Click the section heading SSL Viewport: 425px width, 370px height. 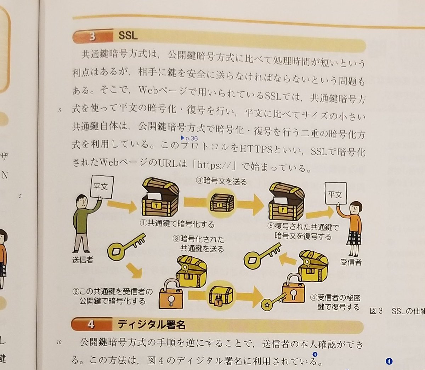[x=128, y=35]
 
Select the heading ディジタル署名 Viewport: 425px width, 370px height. [x=151, y=324]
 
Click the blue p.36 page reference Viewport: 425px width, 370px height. [x=189, y=138]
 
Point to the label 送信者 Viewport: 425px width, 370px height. [x=83, y=260]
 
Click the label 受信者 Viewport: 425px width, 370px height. [x=351, y=262]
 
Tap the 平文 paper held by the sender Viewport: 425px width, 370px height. [x=101, y=187]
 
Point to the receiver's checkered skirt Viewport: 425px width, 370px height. [x=354, y=237]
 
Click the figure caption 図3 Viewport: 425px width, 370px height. [x=376, y=311]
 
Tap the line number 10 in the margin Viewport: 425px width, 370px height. [x=59, y=342]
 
